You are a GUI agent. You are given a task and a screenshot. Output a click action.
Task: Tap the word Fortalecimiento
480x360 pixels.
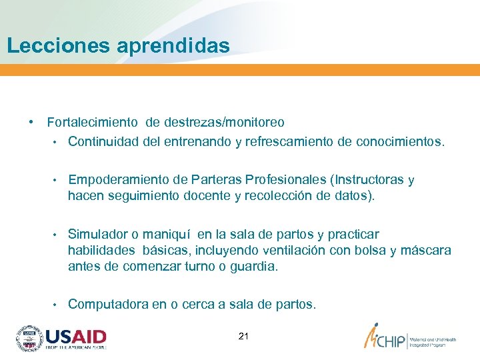(93, 123)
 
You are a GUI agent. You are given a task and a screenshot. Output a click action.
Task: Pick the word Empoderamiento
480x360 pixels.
(119, 180)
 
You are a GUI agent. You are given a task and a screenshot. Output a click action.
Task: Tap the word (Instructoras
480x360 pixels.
(367, 180)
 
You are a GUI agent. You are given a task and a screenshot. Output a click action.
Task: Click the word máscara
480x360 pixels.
(425, 251)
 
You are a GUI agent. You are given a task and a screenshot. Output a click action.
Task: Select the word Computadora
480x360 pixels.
(108, 305)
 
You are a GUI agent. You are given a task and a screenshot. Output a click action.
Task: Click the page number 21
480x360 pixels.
(243, 336)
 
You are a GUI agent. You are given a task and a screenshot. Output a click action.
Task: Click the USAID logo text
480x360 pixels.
(76, 336)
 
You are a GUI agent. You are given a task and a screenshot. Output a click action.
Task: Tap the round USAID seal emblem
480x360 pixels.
(29, 339)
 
